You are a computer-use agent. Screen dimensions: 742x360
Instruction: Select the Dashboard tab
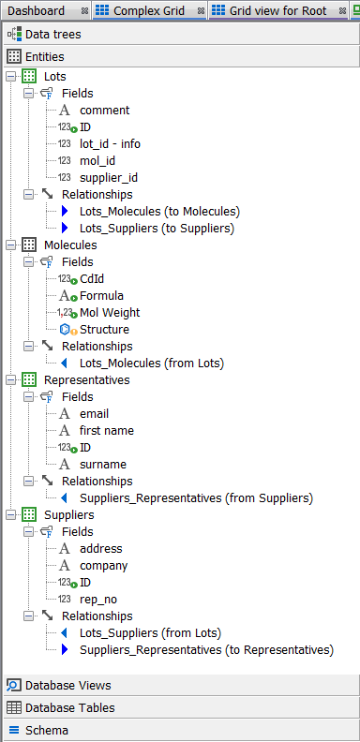37,10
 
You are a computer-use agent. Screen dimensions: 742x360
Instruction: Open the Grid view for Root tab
277,10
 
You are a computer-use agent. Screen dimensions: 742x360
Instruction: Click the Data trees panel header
52,35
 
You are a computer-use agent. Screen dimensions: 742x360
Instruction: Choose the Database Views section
67,685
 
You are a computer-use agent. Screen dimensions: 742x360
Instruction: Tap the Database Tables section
69,707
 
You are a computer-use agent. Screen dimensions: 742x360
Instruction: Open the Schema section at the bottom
46,730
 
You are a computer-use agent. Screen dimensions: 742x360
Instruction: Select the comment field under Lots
104,111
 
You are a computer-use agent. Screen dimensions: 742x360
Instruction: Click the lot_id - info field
110,144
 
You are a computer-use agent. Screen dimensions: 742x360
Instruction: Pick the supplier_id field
109,178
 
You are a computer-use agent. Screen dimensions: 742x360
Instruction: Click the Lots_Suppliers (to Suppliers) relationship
157,229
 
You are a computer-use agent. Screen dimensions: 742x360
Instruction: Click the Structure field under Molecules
104,330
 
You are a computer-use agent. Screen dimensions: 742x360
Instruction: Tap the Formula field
101,296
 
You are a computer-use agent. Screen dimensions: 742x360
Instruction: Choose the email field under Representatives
94,414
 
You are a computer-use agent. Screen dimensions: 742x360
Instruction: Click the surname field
103,465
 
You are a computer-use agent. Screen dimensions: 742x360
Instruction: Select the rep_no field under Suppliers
98,600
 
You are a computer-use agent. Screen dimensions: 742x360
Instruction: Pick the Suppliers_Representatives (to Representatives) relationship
206,650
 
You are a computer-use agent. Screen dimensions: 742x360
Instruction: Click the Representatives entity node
86,380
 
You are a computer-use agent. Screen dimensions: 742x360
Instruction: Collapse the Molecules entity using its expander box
10,245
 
